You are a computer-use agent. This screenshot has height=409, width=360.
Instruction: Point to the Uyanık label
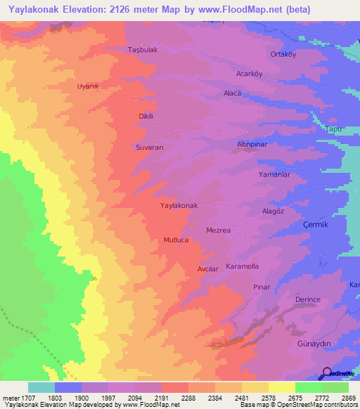pyautogui.click(x=89, y=86)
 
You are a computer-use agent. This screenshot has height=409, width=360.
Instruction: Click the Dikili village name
pyautogui.click(x=146, y=117)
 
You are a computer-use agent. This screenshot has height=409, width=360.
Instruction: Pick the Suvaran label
pyautogui.click(x=149, y=148)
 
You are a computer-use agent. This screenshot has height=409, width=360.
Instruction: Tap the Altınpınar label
pyautogui.click(x=250, y=145)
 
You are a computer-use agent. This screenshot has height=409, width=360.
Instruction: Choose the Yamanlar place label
pyautogui.click(x=274, y=174)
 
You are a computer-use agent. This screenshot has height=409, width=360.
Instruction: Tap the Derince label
pyautogui.click(x=308, y=299)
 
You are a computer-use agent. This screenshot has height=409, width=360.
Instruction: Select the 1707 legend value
pyautogui.click(x=20, y=398)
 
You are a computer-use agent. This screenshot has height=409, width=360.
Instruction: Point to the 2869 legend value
pyautogui.click(x=348, y=398)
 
